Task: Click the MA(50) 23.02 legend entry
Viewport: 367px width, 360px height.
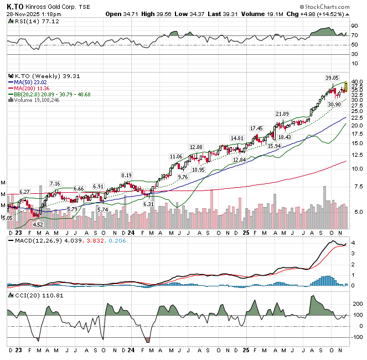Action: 32,83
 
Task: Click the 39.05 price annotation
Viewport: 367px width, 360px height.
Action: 332,78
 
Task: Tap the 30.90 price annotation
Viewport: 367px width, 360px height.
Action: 334,104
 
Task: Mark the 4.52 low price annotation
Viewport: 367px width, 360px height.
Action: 38,224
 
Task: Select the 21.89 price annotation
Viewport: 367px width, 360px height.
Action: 283,114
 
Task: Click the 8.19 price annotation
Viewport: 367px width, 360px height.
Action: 126,175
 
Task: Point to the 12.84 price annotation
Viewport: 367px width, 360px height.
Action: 239,160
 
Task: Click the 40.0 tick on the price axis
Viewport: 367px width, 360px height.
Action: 356,82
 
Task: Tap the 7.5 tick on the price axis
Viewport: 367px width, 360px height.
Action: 356,187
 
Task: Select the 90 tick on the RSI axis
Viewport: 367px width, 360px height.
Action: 354,25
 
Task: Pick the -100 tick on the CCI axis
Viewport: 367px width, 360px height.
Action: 356,337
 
